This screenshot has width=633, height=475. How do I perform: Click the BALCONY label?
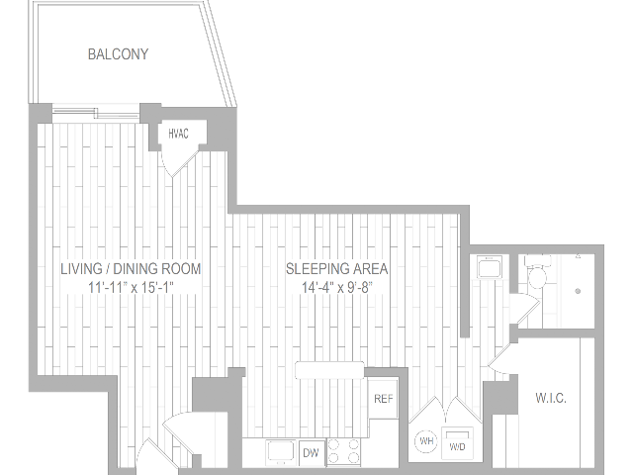(118, 54)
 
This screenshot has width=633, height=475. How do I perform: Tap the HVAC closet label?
(179, 134)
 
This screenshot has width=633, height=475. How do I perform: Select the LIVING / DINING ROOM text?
(131, 268)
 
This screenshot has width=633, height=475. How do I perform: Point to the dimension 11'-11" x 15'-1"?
(131, 287)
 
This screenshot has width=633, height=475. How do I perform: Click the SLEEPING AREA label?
(336, 268)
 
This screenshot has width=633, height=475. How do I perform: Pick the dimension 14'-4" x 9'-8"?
(336, 287)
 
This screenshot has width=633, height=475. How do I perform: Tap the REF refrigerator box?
(383, 400)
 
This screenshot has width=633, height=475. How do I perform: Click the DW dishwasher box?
(310, 451)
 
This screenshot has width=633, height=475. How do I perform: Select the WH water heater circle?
(426, 439)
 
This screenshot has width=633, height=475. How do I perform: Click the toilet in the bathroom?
(537, 276)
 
